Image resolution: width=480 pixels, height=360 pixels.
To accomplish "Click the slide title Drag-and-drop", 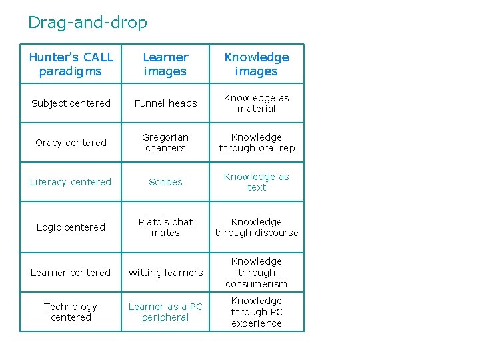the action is tap(87, 23).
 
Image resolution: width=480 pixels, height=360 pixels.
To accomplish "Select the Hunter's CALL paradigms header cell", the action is tap(71, 64).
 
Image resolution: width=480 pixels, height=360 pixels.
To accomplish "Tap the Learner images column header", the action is tap(165, 64).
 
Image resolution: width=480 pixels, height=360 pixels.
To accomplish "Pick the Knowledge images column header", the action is tap(257, 64).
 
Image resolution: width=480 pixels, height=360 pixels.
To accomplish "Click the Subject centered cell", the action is tap(71, 103).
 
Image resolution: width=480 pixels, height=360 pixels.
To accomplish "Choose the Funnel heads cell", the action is tap(165, 103).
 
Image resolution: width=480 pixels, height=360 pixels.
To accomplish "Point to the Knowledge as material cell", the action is tap(257, 103).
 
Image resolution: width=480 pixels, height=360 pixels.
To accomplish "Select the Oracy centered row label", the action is tap(71, 143).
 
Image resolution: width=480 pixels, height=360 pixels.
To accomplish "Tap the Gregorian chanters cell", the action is tap(165, 143).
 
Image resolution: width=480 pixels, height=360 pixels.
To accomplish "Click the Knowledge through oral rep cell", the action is tap(257, 143).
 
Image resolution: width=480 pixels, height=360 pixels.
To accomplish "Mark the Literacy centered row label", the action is tap(71, 182).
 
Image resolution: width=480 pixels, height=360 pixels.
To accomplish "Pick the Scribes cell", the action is tap(165, 182).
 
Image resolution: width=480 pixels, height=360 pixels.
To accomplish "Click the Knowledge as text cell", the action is tap(257, 182).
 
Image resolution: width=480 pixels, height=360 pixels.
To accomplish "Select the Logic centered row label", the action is tap(71, 227).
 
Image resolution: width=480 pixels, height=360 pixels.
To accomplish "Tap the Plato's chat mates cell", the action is tap(165, 227).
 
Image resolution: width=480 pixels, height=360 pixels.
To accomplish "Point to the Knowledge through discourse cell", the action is tap(257, 227).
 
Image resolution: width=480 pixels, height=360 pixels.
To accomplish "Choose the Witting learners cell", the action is tap(165, 273).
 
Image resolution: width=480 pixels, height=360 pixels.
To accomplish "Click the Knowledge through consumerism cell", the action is tap(257, 273).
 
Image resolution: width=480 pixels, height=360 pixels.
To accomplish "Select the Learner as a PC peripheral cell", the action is tap(165, 312).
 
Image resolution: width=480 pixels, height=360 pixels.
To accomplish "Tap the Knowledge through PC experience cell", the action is tap(257, 312).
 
